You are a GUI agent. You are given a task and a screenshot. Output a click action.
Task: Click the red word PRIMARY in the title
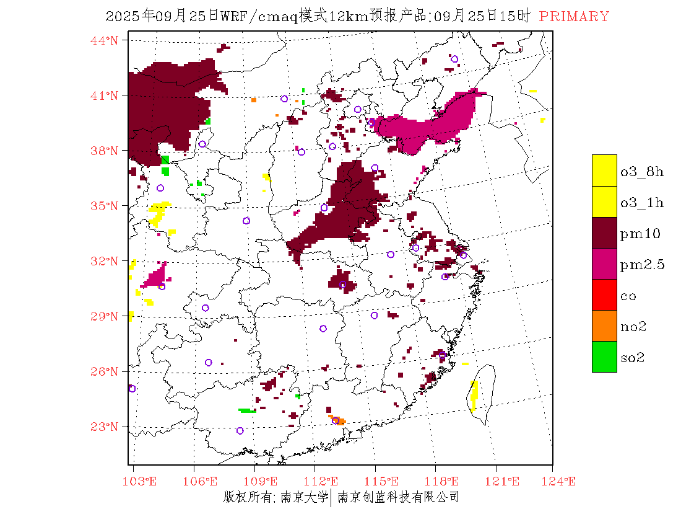coord(574,17)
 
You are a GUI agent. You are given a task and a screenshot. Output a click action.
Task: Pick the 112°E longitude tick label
coord(324,481)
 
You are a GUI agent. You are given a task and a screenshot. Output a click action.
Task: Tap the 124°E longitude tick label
coord(561,481)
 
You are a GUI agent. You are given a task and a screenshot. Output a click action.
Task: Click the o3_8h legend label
coord(642,171)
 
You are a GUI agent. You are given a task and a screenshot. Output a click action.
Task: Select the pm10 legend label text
coord(640,234)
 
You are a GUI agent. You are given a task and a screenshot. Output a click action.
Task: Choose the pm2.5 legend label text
coord(642,265)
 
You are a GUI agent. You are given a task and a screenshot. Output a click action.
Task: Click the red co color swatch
coord(604,295)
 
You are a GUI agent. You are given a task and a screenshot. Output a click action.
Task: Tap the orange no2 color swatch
coord(604,326)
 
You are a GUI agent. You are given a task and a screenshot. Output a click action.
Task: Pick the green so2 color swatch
coord(604,357)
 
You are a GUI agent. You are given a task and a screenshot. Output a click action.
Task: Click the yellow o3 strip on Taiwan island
coord(474,394)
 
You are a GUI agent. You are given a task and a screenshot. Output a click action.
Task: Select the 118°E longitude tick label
coord(445,481)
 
